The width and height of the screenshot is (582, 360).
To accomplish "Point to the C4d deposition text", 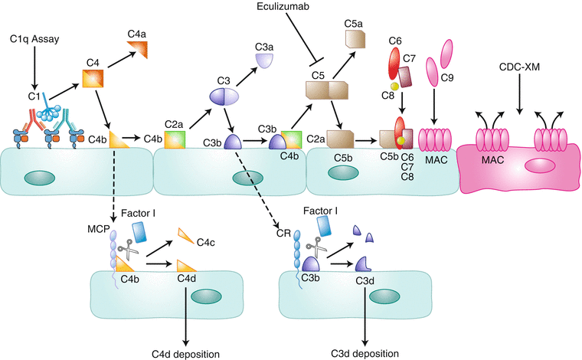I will [x=186, y=353].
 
